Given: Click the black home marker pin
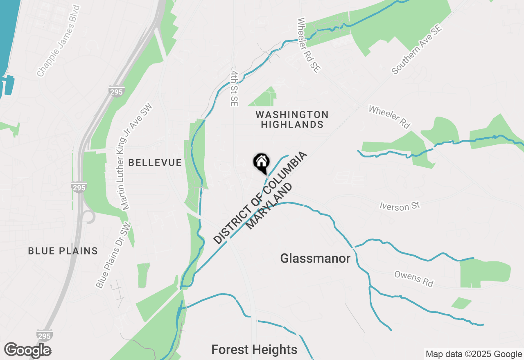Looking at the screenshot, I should pos(261,162).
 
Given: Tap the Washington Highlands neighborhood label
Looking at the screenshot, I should pos(292,119).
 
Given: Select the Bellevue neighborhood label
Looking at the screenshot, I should pos(155,162).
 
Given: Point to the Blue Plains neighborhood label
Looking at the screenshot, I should pos(63,251).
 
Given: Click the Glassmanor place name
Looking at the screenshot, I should pos(315,259).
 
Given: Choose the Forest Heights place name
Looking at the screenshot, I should pos(254,350).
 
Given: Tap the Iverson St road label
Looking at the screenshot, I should pos(400,205).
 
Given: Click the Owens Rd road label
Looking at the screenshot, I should pos(413,279).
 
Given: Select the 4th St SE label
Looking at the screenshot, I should pos(234,88).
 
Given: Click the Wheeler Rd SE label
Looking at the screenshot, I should pos(308,45).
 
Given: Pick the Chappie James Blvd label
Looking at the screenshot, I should pos(58,41).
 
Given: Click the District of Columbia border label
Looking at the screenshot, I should pos(260,198).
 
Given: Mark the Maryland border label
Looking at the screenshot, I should pos(271,206).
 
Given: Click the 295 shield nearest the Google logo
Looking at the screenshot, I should pos(44,335).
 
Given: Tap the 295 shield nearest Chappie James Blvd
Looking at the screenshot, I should pos(116,92).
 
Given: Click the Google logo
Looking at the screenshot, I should pos(27,350).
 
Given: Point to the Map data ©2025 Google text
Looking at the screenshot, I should pos(474,354).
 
